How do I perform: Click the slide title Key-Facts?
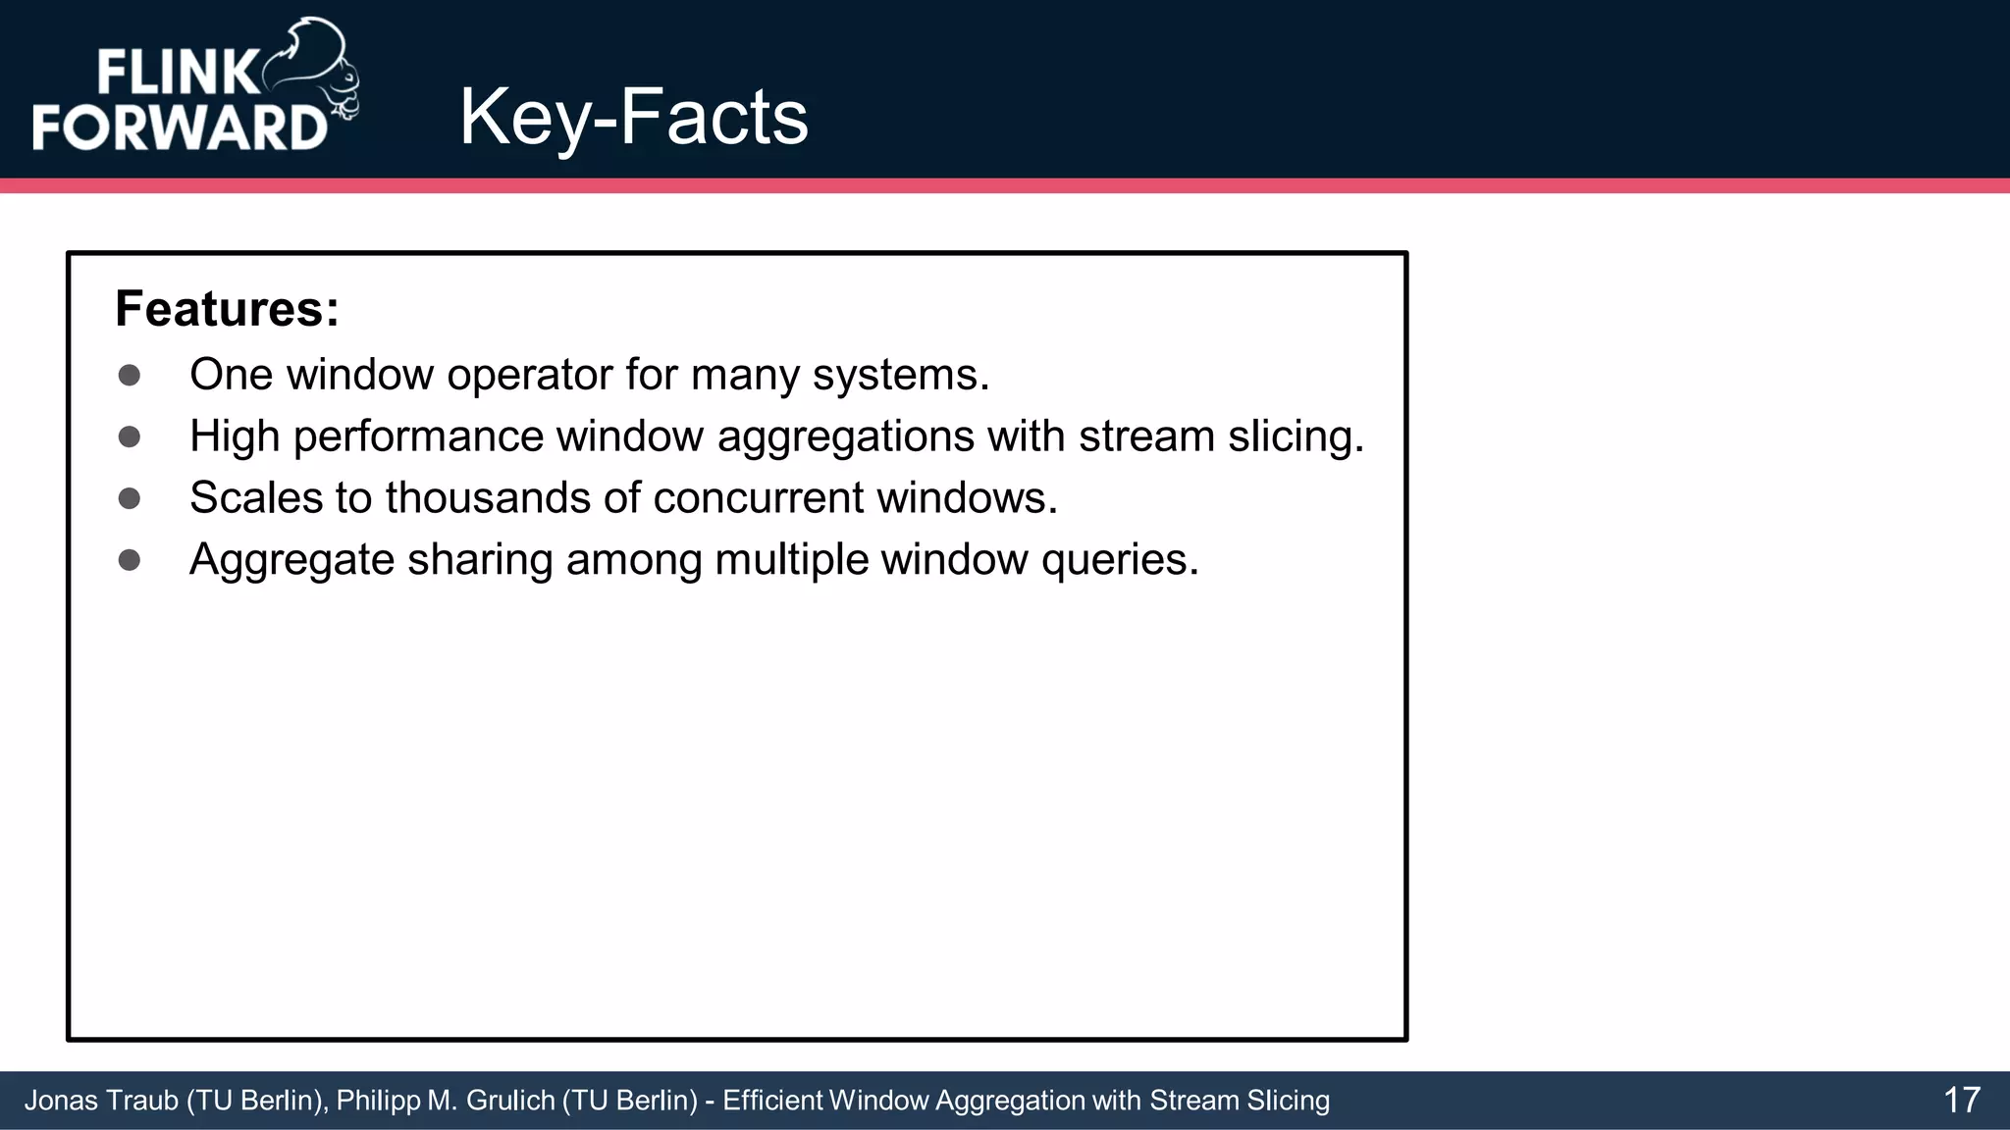[x=633, y=118]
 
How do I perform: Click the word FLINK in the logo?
[x=177, y=74]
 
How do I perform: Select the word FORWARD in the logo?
[x=180, y=128]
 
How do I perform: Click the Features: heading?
[x=227, y=309]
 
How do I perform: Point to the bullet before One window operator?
[x=129, y=375]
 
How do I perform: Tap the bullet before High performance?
[x=129, y=437]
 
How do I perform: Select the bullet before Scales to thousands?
[x=129, y=498]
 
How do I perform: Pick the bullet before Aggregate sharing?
[x=129, y=560]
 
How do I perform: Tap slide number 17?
[x=1962, y=1100]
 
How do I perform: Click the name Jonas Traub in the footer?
[x=101, y=1101]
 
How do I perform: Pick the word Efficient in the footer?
[x=773, y=1101]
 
